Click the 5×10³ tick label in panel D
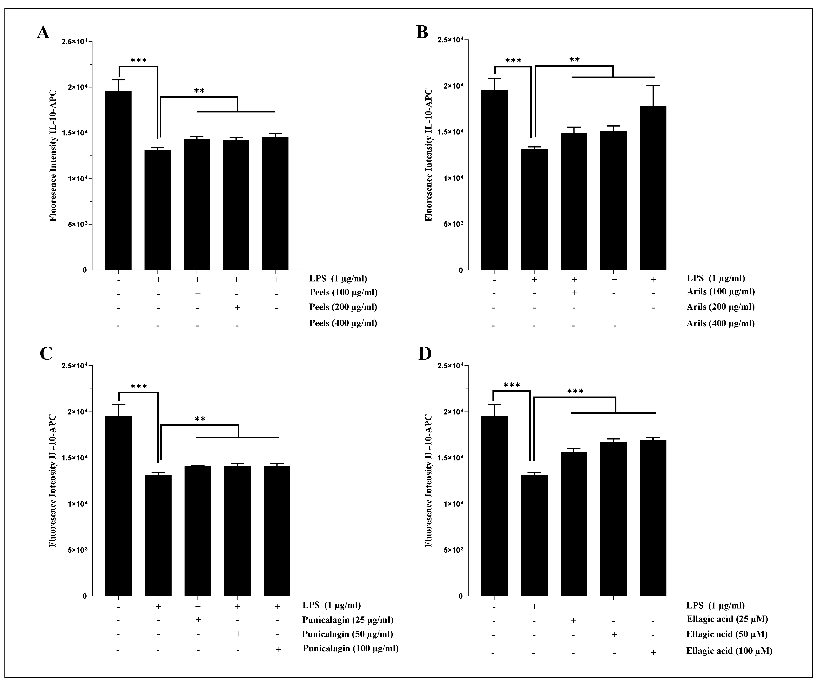(x=452, y=550)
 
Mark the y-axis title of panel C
(x=53, y=480)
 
